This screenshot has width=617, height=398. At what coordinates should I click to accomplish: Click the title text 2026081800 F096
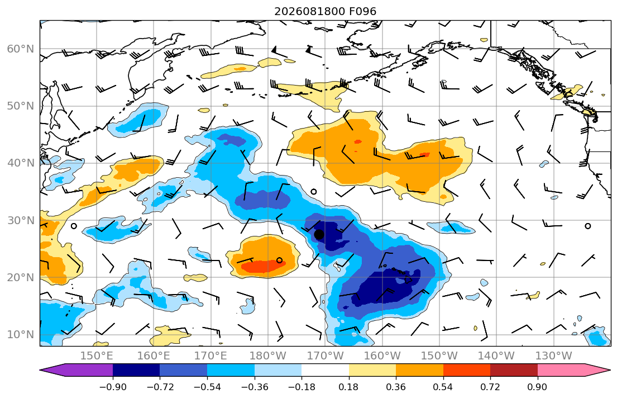click(325, 11)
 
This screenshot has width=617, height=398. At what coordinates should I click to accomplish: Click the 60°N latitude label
click(21, 49)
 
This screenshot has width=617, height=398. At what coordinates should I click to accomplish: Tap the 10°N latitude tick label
click(21, 335)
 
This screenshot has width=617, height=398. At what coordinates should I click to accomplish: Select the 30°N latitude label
click(21, 220)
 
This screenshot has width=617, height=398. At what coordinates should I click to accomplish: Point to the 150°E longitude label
click(97, 356)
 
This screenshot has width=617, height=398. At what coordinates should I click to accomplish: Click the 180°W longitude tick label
click(268, 356)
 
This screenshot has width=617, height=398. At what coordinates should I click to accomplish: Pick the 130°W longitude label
click(554, 356)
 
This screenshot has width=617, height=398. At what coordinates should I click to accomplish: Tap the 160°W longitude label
click(382, 356)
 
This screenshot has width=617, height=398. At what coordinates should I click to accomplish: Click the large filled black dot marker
click(319, 234)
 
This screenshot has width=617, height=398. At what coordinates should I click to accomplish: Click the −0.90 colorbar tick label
click(113, 387)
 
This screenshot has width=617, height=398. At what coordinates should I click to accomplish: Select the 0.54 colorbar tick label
click(443, 387)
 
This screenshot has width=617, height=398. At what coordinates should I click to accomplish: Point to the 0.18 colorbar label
click(348, 387)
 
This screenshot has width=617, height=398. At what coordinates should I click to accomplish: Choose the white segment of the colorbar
click(325, 370)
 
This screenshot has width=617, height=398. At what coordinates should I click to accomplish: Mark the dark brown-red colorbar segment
click(514, 370)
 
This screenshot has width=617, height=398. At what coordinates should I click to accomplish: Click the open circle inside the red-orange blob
click(279, 260)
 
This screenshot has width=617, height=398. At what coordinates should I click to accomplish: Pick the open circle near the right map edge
click(587, 226)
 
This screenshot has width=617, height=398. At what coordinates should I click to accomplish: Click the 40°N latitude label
click(21, 163)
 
